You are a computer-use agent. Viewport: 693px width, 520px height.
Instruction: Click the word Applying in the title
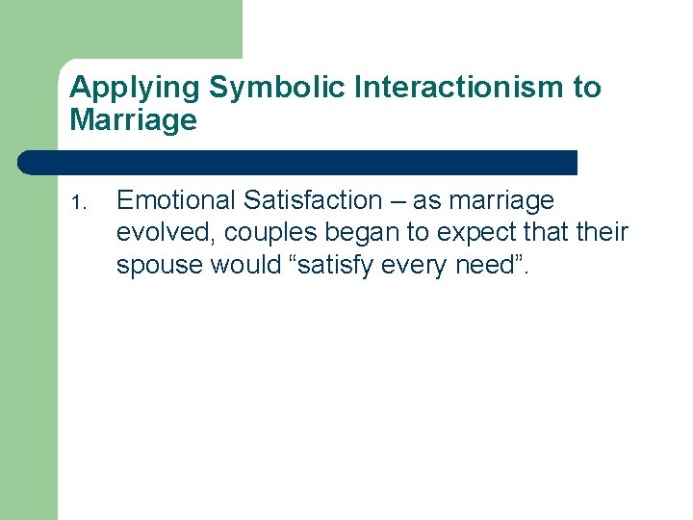point(136,89)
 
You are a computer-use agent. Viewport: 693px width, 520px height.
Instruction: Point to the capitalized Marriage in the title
point(133,120)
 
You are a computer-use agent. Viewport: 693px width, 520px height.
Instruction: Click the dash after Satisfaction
point(398,201)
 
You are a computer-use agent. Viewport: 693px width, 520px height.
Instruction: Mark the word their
point(601,233)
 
